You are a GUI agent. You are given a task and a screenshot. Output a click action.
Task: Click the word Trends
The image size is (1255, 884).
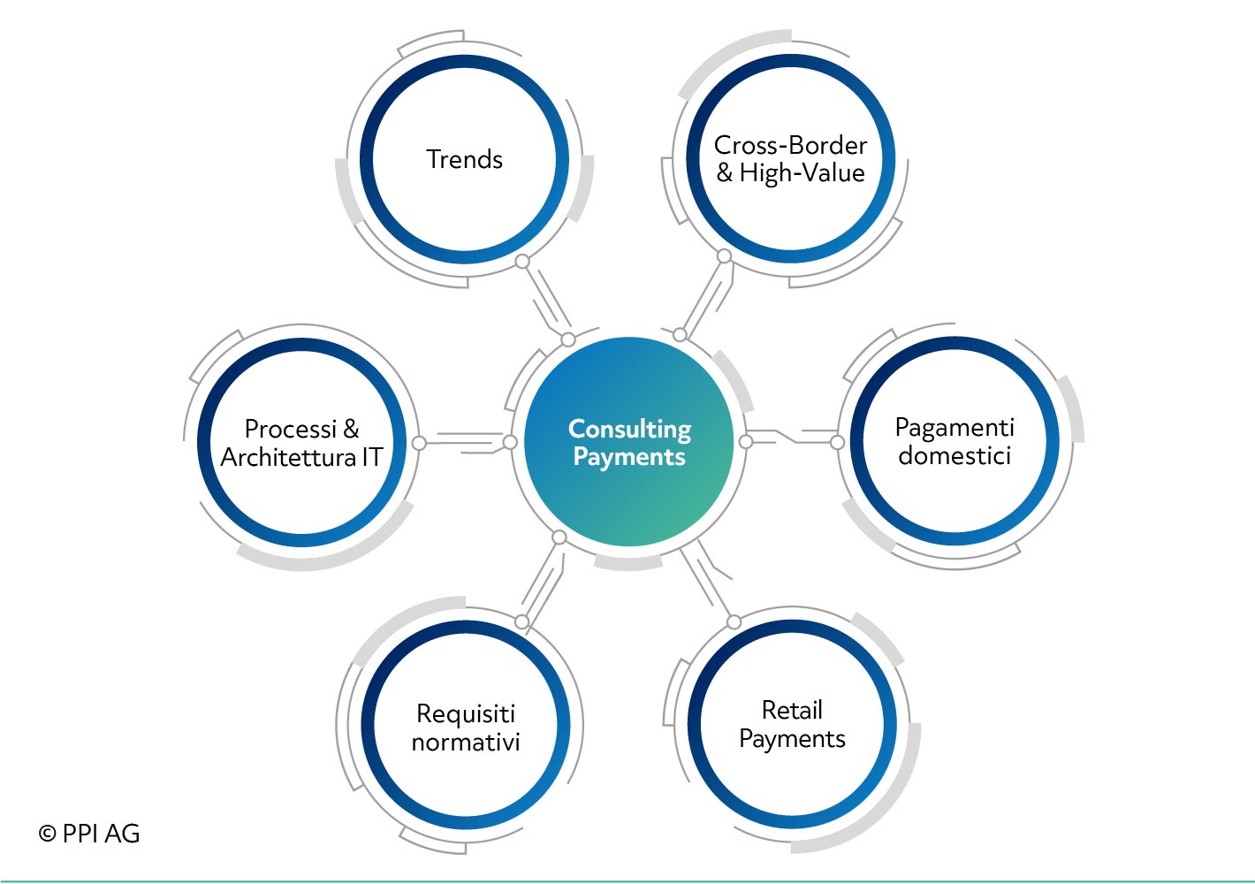pyautogui.click(x=464, y=159)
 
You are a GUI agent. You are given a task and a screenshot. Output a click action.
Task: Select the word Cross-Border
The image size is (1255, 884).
pyautogui.click(x=790, y=145)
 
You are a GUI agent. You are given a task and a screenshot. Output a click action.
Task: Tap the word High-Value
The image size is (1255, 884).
pyautogui.click(x=802, y=172)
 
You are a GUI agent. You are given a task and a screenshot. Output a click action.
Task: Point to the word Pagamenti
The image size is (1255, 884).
pyautogui.click(x=955, y=429)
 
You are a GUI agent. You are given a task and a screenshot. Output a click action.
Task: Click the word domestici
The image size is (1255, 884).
pyautogui.click(x=955, y=455)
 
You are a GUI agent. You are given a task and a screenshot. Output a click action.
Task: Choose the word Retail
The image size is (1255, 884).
pyautogui.click(x=792, y=710)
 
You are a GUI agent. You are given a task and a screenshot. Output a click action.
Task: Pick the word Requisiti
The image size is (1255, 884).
pyautogui.click(x=466, y=714)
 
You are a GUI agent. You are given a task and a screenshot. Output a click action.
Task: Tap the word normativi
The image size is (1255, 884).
pyautogui.click(x=466, y=743)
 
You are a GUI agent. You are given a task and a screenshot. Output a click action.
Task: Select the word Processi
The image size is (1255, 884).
pyautogui.click(x=290, y=429)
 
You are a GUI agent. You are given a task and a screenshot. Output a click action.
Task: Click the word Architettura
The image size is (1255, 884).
pyautogui.click(x=288, y=457)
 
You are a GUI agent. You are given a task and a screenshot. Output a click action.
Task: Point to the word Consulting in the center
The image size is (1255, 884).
pyautogui.click(x=629, y=430)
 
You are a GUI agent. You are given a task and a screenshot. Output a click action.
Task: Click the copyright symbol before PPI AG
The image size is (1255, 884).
pyautogui.click(x=47, y=834)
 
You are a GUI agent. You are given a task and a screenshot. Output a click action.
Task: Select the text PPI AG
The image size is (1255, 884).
pyautogui.click(x=101, y=834)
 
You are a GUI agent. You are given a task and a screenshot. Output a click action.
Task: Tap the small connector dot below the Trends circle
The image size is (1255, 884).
pyautogui.click(x=522, y=261)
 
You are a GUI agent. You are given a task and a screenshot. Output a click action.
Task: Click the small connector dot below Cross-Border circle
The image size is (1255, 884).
pyautogui.click(x=725, y=256)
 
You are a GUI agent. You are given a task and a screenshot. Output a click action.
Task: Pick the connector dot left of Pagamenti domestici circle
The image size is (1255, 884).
pyautogui.click(x=837, y=442)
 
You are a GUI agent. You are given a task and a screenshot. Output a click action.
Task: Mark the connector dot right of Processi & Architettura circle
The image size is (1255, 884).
pyautogui.click(x=419, y=443)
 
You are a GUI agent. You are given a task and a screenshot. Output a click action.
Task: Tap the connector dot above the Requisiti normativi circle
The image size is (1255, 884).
pyautogui.click(x=521, y=621)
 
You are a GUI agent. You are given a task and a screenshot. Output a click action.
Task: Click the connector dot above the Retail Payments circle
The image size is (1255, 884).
pyautogui.click(x=734, y=621)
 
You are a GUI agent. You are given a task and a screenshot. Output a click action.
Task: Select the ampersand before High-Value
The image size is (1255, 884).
pyautogui.click(x=725, y=172)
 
